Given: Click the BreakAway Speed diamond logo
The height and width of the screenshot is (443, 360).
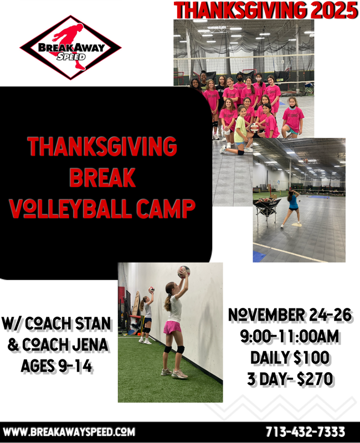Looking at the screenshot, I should click(70, 48).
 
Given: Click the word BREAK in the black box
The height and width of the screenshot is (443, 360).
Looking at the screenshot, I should click(102, 177).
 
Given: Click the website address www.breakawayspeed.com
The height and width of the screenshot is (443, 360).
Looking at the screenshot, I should click(69, 431).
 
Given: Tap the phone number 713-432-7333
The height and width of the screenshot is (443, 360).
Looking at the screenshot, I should click(305, 431).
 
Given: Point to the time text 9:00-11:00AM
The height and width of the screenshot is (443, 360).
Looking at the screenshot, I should click(290, 336).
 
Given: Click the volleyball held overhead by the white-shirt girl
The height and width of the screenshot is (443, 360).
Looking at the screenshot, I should click(183, 271).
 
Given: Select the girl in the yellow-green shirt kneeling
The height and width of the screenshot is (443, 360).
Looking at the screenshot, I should click(240, 130).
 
